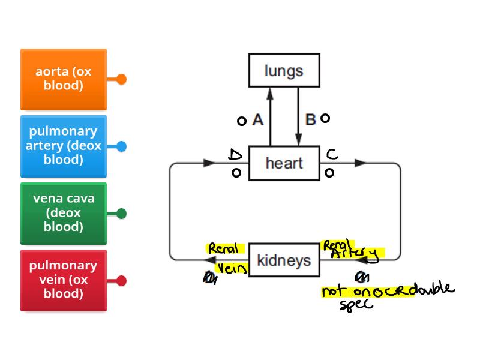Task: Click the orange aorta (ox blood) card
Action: (x=64, y=79)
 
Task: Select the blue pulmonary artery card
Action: (x=64, y=146)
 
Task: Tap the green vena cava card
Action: (x=64, y=213)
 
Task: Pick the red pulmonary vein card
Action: (x=64, y=280)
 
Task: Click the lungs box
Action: (x=284, y=71)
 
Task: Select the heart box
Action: (x=284, y=163)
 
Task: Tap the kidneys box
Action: (x=284, y=260)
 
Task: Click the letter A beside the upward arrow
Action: (x=258, y=120)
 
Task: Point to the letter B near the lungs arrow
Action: (x=310, y=119)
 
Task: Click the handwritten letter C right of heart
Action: (x=332, y=155)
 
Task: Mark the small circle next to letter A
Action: (x=242, y=121)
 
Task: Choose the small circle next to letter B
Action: (x=325, y=118)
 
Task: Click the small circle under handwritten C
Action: (x=329, y=173)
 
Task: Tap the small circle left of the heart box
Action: (x=236, y=173)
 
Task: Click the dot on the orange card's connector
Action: (x=121, y=79)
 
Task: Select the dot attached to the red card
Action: (x=121, y=280)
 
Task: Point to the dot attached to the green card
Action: (x=121, y=213)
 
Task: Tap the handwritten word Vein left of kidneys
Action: (x=231, y=268)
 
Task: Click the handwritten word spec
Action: (x=356, y=304)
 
